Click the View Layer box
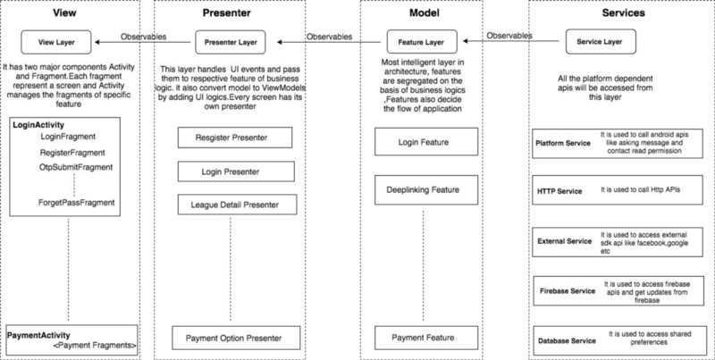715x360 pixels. coord(56,42)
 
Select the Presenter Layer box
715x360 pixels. coord(231,42)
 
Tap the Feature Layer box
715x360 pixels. coord(421,42)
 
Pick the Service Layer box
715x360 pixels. coord(600,41)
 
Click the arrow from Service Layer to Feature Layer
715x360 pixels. coord(510,41)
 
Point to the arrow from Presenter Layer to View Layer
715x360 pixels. coord(143,42)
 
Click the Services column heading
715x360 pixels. coord(623,13)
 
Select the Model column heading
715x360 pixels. coord(424,13)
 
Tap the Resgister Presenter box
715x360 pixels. coord(235,138)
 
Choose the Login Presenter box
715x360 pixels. coord(236,172)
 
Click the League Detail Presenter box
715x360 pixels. coord(237,205)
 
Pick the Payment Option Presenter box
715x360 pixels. coord(236,338)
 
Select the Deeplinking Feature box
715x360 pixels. coord(426,189)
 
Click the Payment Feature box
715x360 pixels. coord(426,338)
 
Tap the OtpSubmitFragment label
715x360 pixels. coord(76,167)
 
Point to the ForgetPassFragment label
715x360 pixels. coord(77,202)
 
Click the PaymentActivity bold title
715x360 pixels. coord(38,335)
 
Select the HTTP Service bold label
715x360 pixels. coord(559,191)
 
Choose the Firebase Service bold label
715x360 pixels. coord(568,290)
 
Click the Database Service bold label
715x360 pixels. coord(567,340)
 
